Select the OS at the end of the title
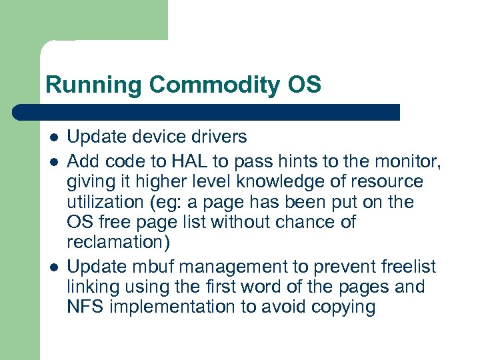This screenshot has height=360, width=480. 305,85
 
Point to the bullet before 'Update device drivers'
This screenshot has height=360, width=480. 53,137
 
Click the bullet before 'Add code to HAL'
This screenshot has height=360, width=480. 53,161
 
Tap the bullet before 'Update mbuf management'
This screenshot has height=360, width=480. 53,267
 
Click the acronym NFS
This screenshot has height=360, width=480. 85,307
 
